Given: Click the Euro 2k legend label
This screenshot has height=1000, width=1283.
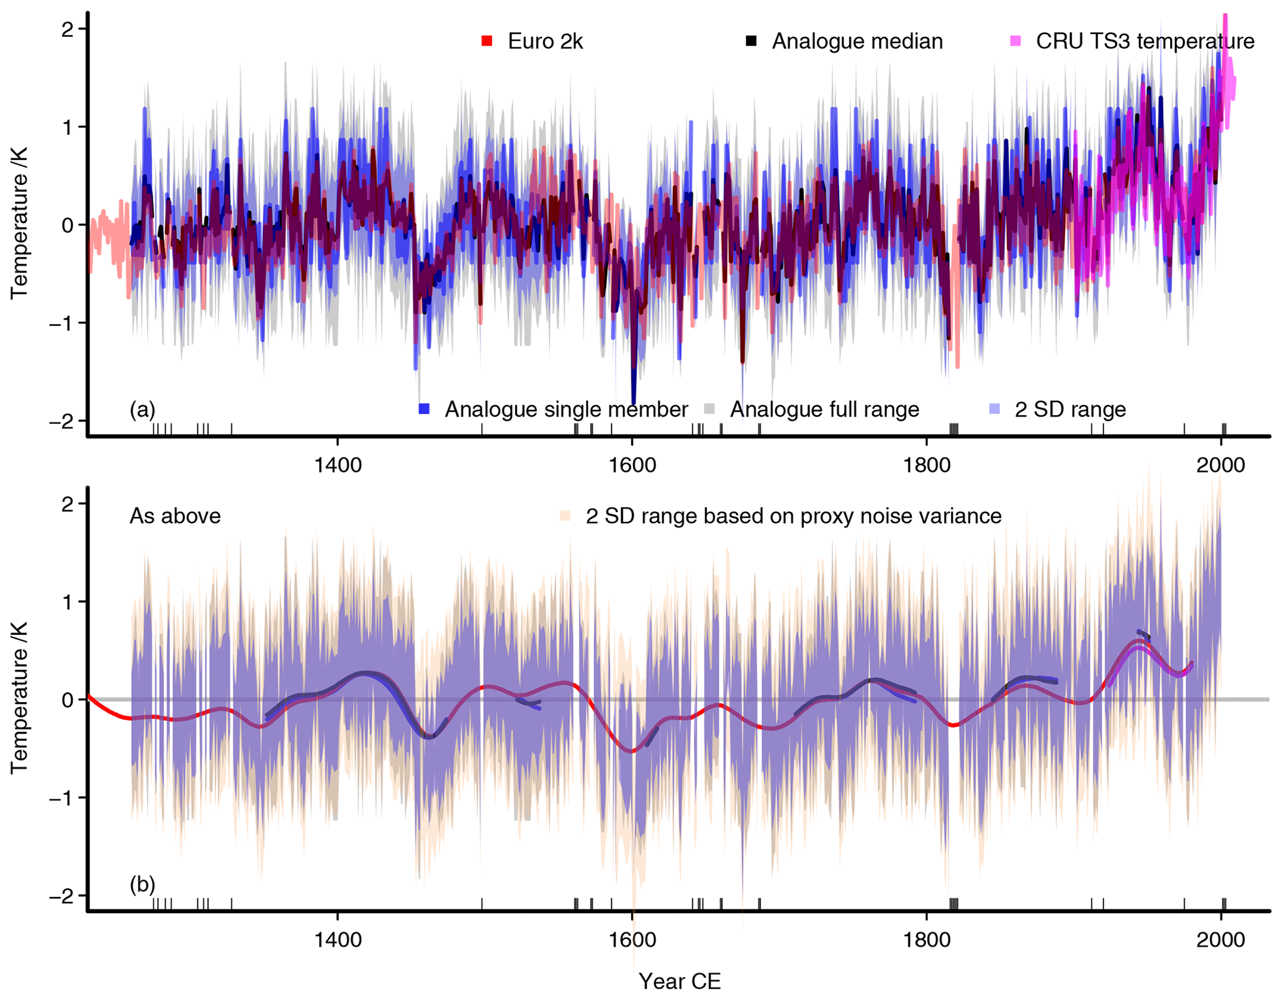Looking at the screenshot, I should click(x=545, y=42).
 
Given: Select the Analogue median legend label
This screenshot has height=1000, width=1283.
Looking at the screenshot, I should click(x=857, y=42).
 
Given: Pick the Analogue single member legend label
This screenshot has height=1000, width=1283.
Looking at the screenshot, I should click(x=566, y=410).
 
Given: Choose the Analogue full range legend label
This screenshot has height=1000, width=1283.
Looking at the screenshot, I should click(x=824, y=410).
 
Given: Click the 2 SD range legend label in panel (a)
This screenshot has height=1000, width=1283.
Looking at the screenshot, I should click(x=1070, y=410).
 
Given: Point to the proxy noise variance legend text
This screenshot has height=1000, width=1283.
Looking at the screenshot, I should click(x=793, y=516).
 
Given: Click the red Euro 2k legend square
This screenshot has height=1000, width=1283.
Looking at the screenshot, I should click(x=487, y=42).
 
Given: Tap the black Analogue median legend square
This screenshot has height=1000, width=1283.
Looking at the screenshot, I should click(x=751, y=42).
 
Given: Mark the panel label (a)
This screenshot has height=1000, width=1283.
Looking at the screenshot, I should click(x=142, y=410).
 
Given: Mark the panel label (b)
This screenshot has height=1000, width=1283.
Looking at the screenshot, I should click(x=142, y=884).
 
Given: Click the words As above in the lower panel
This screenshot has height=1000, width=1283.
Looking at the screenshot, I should click(x=175, y=516).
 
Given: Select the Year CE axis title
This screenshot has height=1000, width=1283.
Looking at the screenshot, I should click(x=680, y=981).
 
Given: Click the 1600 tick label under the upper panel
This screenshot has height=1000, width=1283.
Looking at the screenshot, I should click(x=632, y=465).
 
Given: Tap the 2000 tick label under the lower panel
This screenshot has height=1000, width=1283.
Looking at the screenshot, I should click(x=1221, y=939).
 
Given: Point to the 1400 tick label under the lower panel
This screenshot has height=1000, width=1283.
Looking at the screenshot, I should click(x=338, y=939).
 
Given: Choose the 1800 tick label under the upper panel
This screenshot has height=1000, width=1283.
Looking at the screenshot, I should click(x=927, y=465).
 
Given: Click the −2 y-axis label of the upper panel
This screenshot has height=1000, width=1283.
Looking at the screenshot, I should click(x=60, y=421).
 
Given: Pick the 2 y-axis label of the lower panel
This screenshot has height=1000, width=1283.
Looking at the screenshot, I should click(x=67, y=503).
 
